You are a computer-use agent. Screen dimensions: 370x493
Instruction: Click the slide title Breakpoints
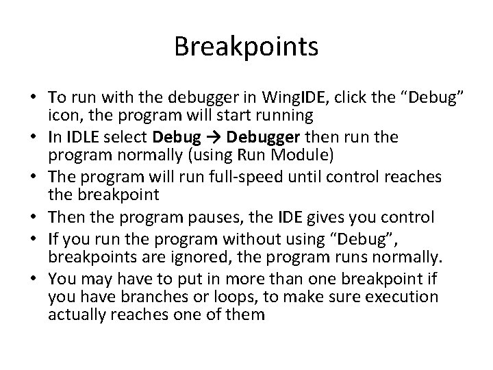click(x=246, y=47)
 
